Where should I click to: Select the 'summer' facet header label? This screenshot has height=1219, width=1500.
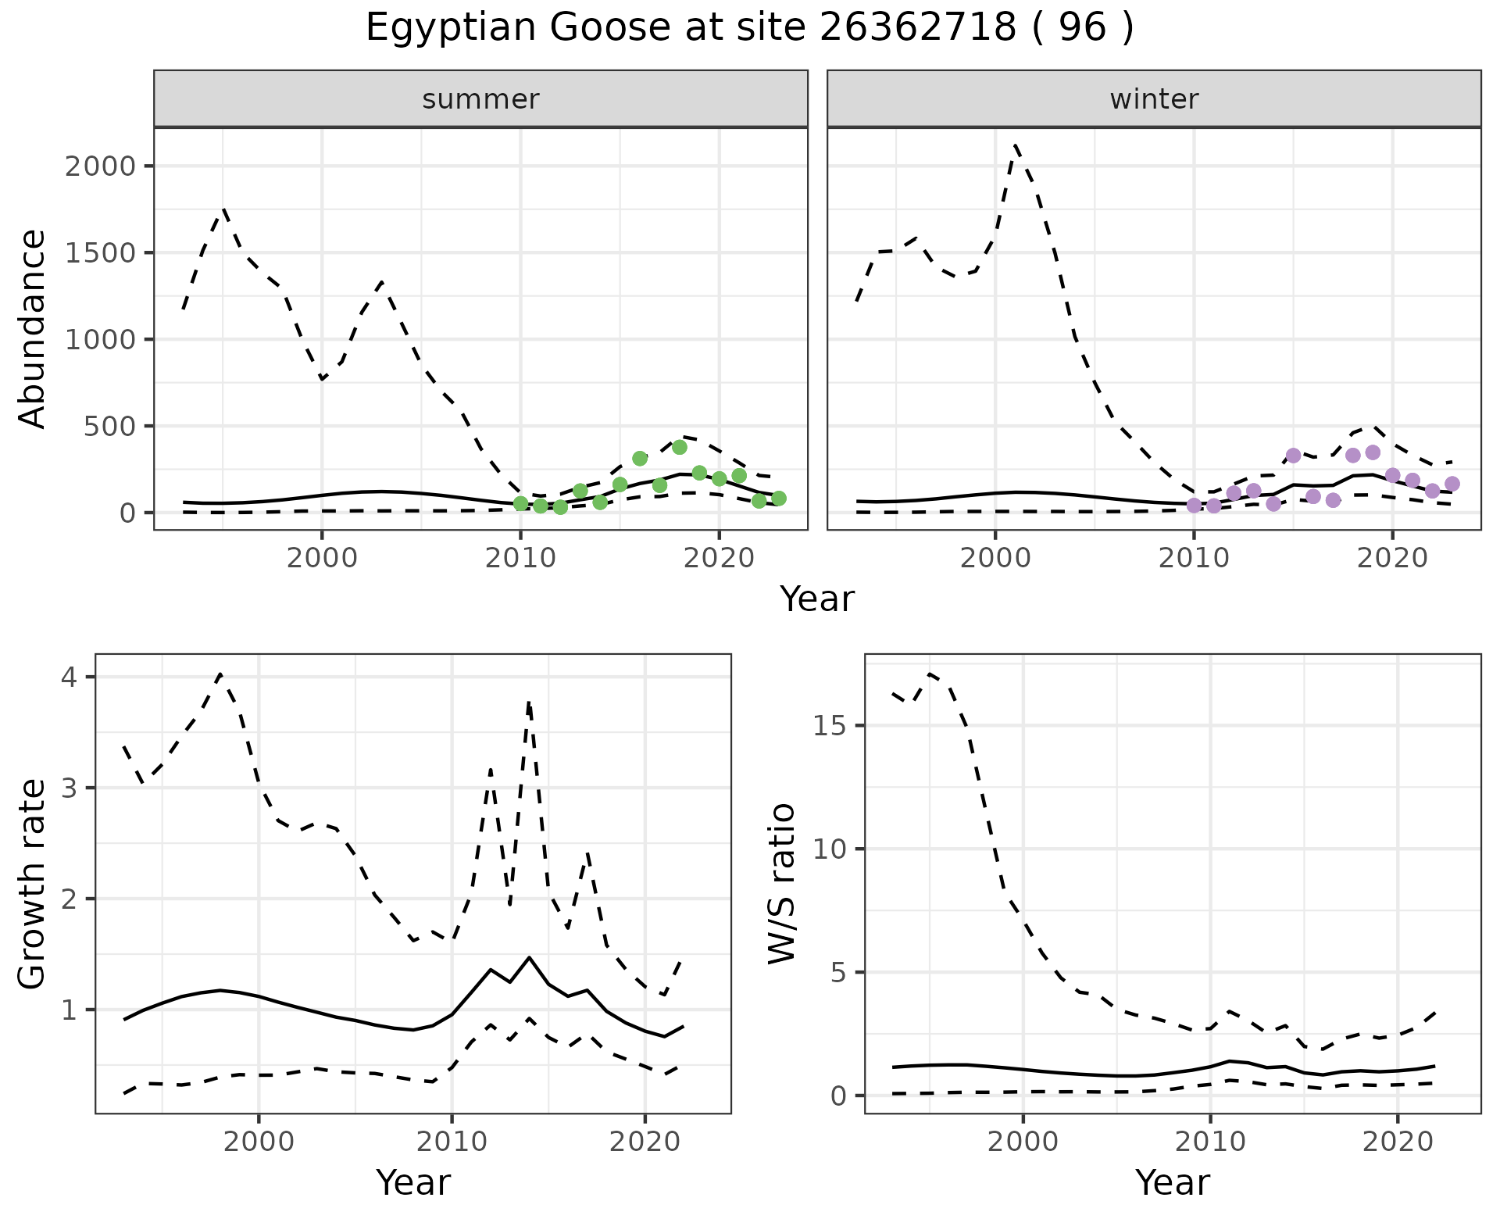coord(480,99)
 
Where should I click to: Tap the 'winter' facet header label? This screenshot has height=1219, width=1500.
coord(1154,99)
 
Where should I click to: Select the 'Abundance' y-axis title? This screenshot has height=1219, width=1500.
coord(33,328)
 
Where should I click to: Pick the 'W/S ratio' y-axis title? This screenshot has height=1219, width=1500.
coord(782,883)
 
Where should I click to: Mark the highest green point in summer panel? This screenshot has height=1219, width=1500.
coord(679,447)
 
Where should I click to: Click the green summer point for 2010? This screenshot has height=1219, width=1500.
coord(520,503)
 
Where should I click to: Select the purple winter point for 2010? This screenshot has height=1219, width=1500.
coord(1194,506)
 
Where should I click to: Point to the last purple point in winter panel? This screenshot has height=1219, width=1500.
coord(1452,484)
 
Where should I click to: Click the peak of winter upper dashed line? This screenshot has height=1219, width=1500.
coord(1015,145)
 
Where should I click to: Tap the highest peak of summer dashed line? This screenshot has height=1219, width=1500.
coord(223,209)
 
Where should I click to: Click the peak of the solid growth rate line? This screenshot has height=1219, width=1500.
coord(529,957)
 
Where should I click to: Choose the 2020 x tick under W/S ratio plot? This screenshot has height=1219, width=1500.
coord(1397,1141)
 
